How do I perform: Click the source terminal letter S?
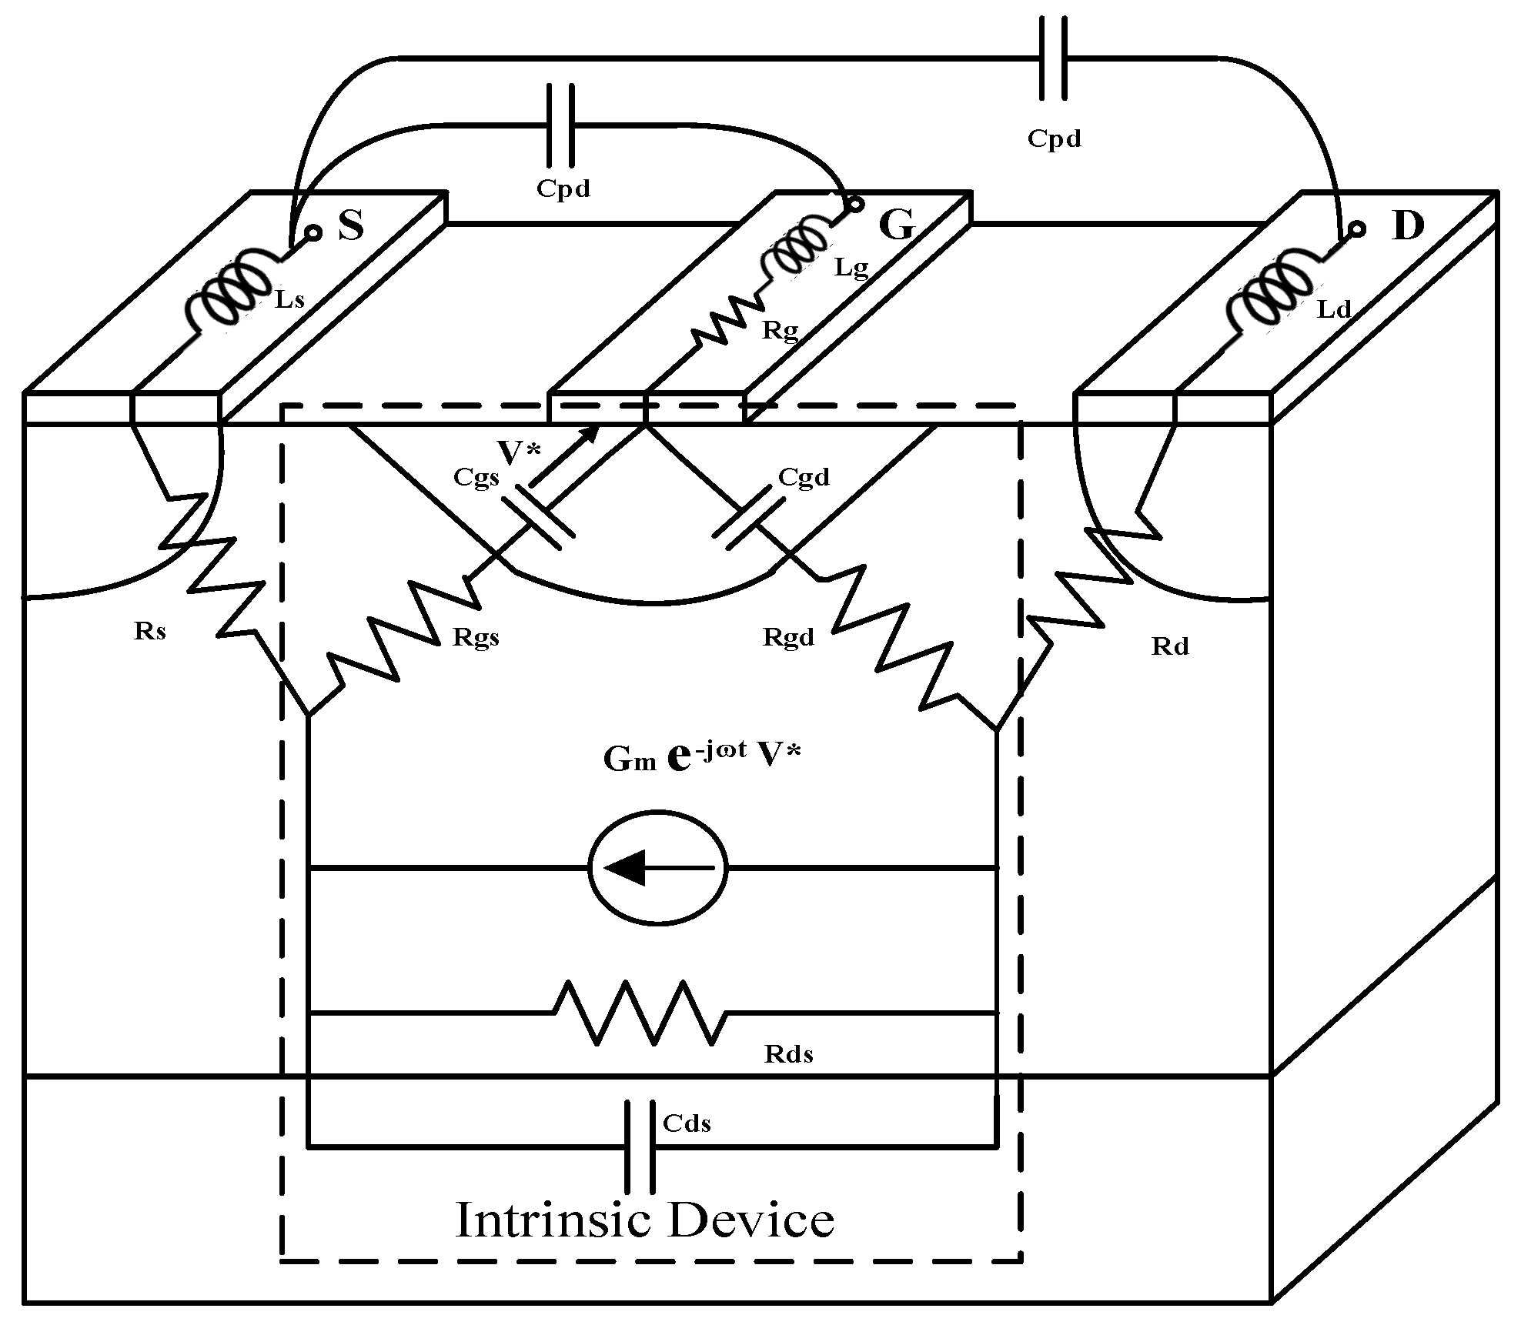coord(351,225)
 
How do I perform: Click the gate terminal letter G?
coord(897,225)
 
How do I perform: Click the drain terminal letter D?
coord(1408,226)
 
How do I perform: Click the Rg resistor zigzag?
coord(727,322)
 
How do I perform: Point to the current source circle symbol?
coord(658,867)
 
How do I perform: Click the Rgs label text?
coord(476,637)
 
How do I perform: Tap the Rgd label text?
coord(787,637)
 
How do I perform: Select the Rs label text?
coord(149,631)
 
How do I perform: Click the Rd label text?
coord(1170,646)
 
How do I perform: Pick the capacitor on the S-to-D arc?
coord(1053,58)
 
